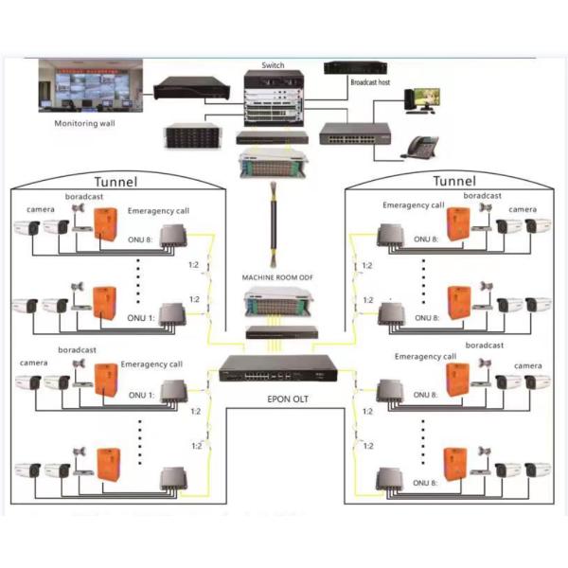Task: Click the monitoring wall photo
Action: pyautogui.click(x=90, y=87)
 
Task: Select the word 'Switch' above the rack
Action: pyautogui.click(x=272, y=65)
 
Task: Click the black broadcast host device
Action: pyautogui.click(x=357, y=67)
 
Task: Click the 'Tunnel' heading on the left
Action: pyautogui.click(x=115, y=181)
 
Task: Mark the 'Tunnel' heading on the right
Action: pyautogui.click(x=454, y=181)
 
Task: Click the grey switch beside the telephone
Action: pyautogui.click(x=353, y=134)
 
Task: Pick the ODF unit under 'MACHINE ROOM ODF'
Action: pyautogui.click(x=272, y=303)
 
